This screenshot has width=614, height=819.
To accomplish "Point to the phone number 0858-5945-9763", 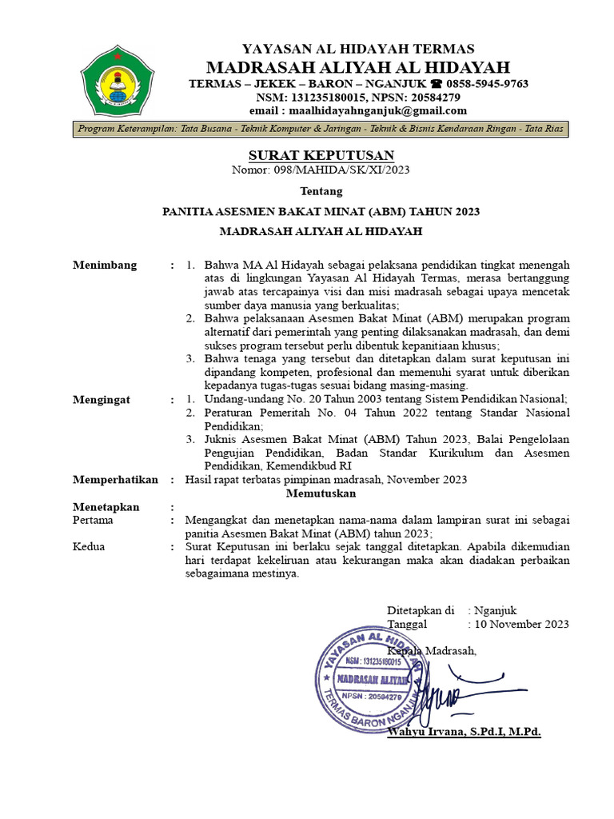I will pyautogui.click(x=487, y=83).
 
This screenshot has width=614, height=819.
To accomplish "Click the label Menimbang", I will pyautogui.click(x=105, y=266).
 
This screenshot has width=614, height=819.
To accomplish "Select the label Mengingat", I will pyautogui.click(x=102, y=399).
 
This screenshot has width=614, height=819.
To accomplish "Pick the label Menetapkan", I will pyautogui.click(x=106, y=507).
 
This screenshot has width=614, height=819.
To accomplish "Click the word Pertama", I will pyautogui.click(x=93, y=520).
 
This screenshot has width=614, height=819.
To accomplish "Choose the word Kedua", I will pyautogui.click(x=89, y=547).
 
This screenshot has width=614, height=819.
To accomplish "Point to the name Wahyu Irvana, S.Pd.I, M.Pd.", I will pyautogui.click(x=464, y=731).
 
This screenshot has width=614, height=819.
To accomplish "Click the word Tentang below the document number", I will pyautogui.click(x=321, y=191).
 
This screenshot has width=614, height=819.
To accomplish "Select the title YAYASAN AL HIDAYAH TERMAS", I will pyautogui.click(x=358, y=49).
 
